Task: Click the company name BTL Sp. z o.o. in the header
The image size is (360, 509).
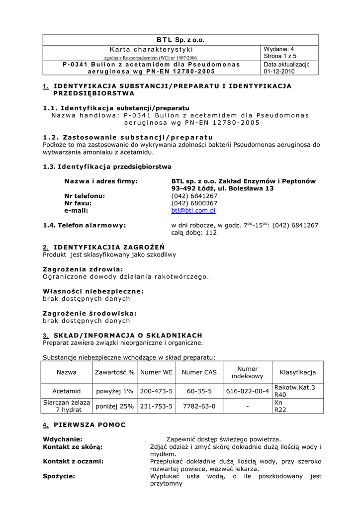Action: (180, 40)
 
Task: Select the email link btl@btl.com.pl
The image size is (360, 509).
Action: (193, 211)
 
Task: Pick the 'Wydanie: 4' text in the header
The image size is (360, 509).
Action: (279, 49)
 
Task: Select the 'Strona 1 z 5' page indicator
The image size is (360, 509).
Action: (279, 57)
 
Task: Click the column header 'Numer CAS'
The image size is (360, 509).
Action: (199, 372)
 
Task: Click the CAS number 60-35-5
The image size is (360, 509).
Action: (199, 391)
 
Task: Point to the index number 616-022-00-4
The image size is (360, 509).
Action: (247, 391)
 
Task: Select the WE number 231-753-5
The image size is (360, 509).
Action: (156, 406)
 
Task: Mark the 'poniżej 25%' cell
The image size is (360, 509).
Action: (115, 406)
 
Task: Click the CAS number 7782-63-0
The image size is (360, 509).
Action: (199, 406)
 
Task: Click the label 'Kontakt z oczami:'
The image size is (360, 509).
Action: (73, 461)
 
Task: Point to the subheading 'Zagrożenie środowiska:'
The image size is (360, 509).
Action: (90, 314)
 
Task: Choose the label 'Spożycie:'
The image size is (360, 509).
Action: (59, 476)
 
